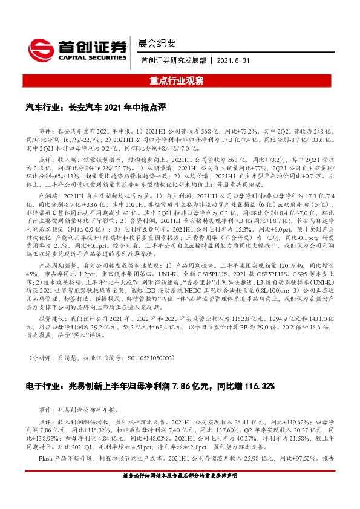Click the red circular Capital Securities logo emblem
pos(41,48)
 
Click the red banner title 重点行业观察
pos(180,79)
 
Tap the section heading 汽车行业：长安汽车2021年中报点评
pos(96,107)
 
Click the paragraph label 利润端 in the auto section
pos(48,196)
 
